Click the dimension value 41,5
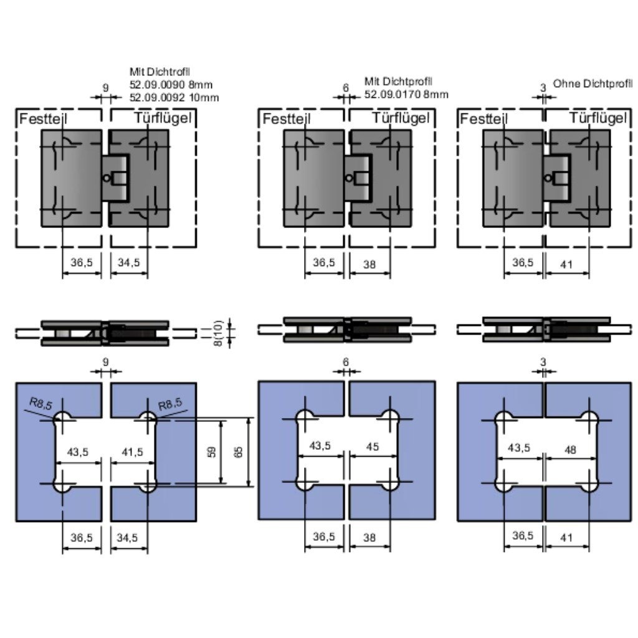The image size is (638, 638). tap(132, 452)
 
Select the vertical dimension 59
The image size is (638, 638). tap(212, 452)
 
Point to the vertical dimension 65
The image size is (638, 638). tap(239, 452)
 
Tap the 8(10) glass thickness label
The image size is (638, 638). tap(218, 333)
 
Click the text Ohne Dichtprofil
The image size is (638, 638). tap(593, 84)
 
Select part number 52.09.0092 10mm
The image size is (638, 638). tap(174, 98)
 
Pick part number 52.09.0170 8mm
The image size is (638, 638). tap(406, 95)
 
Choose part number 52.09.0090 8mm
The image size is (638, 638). tap(171, 85)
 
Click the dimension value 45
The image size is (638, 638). tap(373, 446)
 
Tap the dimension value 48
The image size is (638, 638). tap(571, 449)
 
